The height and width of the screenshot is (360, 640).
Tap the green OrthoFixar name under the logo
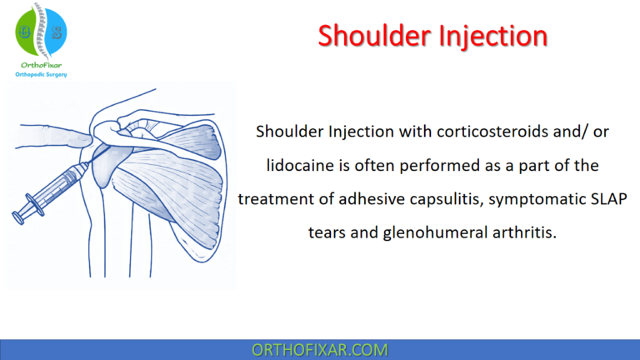40,64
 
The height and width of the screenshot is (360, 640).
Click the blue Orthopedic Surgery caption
40,75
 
